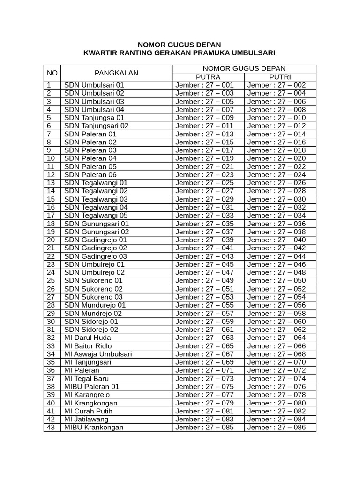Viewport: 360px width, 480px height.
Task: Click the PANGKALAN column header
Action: [116, 73]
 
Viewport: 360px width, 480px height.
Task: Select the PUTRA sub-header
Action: [208, 77]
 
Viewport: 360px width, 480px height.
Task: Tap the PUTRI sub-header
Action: [280, 77]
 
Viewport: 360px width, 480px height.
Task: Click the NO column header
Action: [52, 73]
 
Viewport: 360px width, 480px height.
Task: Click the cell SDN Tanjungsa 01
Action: [94, 118]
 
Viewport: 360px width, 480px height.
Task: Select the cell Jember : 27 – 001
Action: [204, 85]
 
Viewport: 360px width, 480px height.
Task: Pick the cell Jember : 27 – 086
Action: [277, 427]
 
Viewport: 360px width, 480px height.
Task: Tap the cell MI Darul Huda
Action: [87, 337]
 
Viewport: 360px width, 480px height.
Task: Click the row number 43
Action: [51, 427]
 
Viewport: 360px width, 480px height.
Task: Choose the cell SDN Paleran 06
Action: [90, 175]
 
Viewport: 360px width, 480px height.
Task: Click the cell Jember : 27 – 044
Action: [277, 256]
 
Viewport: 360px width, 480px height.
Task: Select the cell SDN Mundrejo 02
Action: [93, 313]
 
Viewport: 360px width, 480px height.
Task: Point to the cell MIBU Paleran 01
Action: [92, 387]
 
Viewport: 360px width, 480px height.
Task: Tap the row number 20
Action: [51, 240]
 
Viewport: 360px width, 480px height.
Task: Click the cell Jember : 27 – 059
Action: [204, 322]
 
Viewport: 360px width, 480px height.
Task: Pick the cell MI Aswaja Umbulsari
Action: [98, 354]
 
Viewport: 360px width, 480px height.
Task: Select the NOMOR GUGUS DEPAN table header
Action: [244, 68]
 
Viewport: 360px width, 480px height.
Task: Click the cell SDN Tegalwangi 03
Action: [96, 199]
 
